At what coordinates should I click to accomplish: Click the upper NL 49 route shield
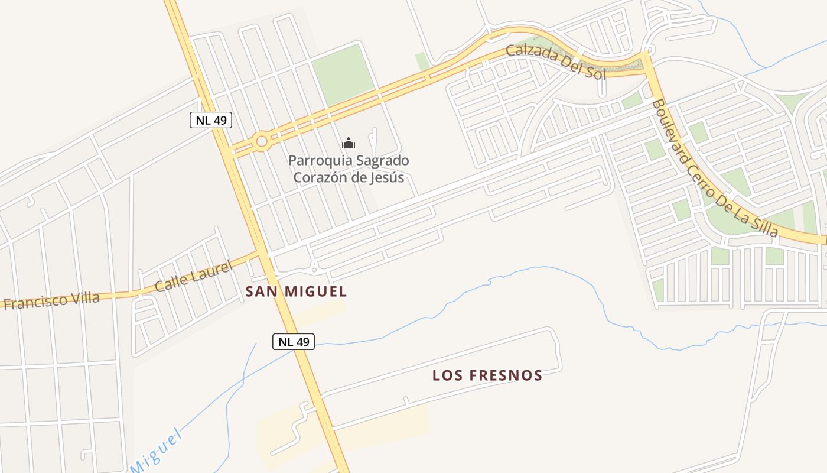[x=211, y=120]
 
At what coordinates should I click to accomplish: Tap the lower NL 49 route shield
[x=294, y=341]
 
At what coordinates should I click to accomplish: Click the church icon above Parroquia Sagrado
[x=349, y=143]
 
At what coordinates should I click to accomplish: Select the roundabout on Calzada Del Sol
[x=261, y=141]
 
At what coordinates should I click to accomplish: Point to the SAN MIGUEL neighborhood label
[x=296, y=291]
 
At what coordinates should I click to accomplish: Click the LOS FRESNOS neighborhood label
[x=487, y=375]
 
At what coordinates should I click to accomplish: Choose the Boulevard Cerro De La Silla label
[x=715, y=169]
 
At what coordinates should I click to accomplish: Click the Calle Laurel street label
[x=193, y=276]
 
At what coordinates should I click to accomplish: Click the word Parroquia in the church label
[x=316, y=160]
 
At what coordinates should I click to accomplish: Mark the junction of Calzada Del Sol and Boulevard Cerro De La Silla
[x=646, y=58]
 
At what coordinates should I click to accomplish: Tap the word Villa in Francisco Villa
[x=84, y=298]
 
